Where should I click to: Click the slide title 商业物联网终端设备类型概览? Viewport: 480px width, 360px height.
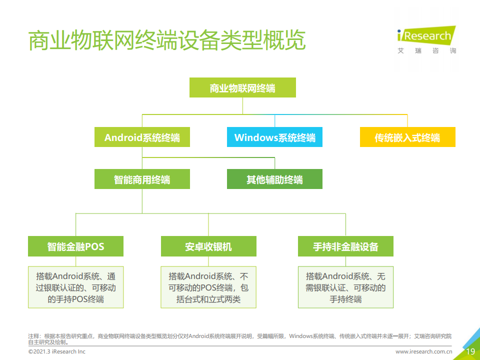point(167,40)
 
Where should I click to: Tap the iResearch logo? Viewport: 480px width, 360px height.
point(426,36)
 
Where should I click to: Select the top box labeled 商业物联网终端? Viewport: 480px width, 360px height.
point(242,87)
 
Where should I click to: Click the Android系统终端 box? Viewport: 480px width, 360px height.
point(142,137)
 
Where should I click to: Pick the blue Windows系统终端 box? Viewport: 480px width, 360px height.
point(274,137)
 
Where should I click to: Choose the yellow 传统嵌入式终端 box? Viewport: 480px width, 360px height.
point(407,137)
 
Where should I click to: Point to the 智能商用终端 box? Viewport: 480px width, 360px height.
point(142,179)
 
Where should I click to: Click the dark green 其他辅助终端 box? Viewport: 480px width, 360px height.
point(274,179)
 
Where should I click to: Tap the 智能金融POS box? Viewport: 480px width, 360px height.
point(75,246)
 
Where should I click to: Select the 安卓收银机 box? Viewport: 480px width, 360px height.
point(208,246)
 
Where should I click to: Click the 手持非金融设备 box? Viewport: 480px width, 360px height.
point(345,246)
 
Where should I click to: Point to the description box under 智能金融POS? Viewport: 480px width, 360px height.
point(75,287)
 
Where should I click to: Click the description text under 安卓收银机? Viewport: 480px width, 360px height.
point(208,287)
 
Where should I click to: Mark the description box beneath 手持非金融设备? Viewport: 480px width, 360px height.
point(345,287)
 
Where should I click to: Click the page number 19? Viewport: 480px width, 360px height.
point(470,351)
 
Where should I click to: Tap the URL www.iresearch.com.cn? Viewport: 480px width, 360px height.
point(423,351)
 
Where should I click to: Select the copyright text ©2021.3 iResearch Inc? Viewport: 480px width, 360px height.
point(57,351)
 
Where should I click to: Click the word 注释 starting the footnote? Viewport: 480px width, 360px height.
point(33,336)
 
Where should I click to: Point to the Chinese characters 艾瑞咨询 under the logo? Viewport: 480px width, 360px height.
point(426,50)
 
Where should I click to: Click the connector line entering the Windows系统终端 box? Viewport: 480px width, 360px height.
point(274,121)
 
